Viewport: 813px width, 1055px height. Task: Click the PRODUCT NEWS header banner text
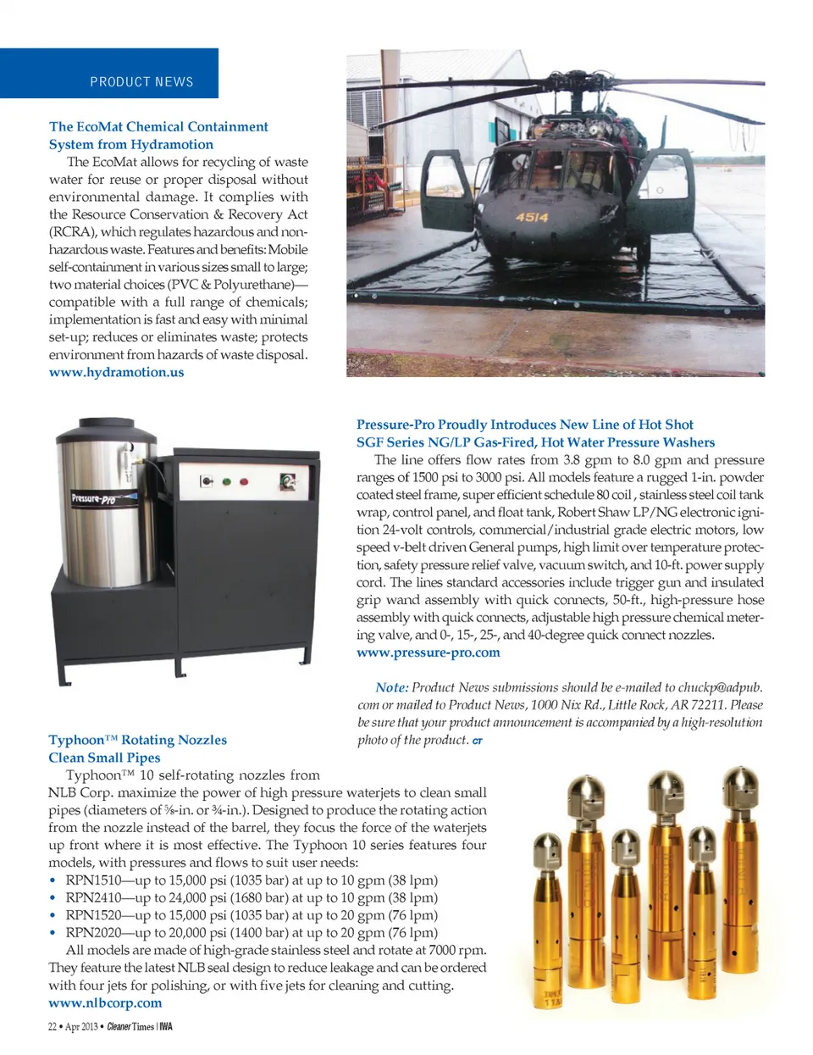[x=141, y=82]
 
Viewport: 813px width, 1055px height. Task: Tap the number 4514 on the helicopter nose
[x=532, y=217]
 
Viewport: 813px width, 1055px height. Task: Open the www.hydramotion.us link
[x=116, y=372]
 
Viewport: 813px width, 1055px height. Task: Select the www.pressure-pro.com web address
[x=428, y=652]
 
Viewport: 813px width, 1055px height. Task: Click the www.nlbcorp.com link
[x=105, y=1002]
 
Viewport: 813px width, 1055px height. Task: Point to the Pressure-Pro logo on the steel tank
[x=93, y=498]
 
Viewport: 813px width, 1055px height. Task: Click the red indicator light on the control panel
[x=244, y=482]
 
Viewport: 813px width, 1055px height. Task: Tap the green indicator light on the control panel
[x=226, y=482]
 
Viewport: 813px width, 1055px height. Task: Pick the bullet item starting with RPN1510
[x=252, y=880]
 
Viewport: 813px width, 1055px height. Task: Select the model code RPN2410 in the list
[x=93, y=897]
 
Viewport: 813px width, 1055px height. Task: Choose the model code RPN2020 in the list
[x=93, y=932]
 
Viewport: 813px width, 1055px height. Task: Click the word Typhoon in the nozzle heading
[x=76, y=740]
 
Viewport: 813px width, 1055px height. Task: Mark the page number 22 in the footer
[x=53, y=1027]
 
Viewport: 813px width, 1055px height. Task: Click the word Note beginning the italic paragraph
[x=391, y=687]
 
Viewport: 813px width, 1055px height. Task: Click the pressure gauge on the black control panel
[x=289, y=482]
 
